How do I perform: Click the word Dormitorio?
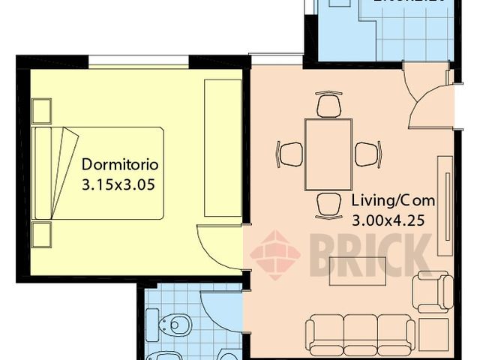pyautogui.click(x=120, y=163)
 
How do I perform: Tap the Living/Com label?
pyautogui.click(x=392, y=201)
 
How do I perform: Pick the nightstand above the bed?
pyautogui.click(x=41, y=110)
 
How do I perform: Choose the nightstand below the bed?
pyautogui.click(x=41, y=234)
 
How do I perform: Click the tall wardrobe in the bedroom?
pyautogui.click(x=223, y=148)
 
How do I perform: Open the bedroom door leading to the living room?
pyautogui.click(x=221, y=247)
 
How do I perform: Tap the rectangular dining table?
pyautogui.click(x=328, y=154)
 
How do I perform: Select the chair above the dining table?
pyautogui.click(x=328, y=104)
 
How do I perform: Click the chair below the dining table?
pyautogui.click(x=328, y=205)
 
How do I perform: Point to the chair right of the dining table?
pyautogui.click(x=367, y=154)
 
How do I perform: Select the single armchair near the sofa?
pyautogui.click(x=434, y=291)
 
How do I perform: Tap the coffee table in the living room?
pyautogui.click(x=358, y=271)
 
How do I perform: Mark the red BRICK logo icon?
pyautogui.click(x=274, y=254)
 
